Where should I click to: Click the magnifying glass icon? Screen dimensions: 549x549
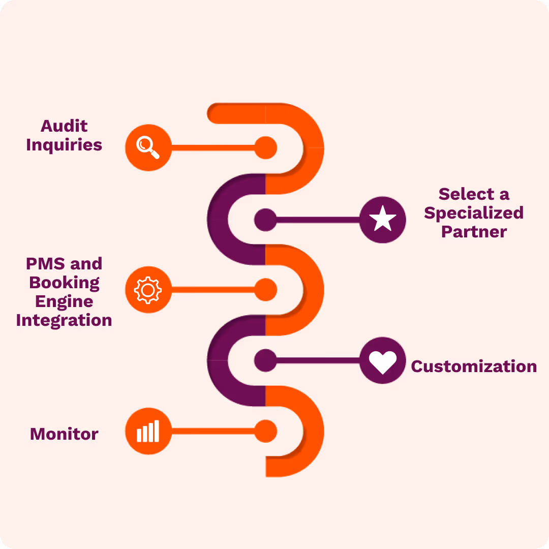(x=148, y=147)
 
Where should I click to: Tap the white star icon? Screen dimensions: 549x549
(x=383, y=219)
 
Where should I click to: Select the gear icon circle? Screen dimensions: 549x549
(x=148, y=290)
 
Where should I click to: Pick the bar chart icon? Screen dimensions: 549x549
(x=148, y=431)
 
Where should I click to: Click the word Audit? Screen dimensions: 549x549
(x=64, y=126)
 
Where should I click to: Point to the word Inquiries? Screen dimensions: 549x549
(x=64, y=145)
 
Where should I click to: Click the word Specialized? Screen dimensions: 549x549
(x=474, y=213)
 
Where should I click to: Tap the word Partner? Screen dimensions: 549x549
(x=474, y=232)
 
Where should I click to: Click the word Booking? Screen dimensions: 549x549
(x=65, y=283)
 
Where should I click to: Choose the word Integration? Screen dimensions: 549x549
(x=64, y=320)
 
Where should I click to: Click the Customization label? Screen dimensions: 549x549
(x=474, y=367)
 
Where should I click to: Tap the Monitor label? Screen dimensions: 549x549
(x=64, y=434)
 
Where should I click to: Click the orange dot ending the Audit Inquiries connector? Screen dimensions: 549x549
(x=266, y=148)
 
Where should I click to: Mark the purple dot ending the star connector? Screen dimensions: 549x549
(x=265, y=220)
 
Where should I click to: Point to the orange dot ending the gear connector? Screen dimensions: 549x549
(x=266, y=290)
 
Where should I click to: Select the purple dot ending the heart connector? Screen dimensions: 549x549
(x=265, y=360)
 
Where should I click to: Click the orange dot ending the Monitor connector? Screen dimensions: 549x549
(x=266, y=431)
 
